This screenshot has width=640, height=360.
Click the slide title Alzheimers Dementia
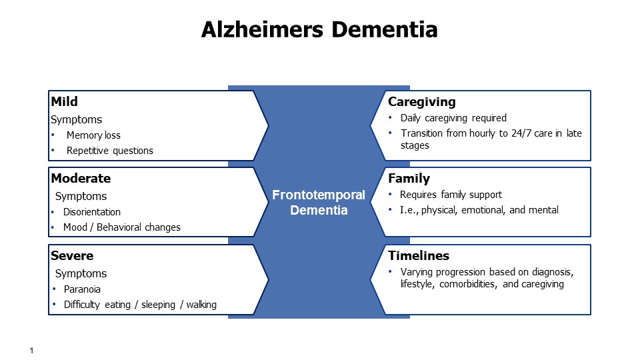pyautogui.click(x=319, y=29)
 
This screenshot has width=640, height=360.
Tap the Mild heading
pyautogui.click(x=64, y=101)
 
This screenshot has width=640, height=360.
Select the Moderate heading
pyautogui.click(x=81, y=179)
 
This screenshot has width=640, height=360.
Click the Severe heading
pyautogui.click(x=72, y=255)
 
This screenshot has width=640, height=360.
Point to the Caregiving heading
pyautogui.click(x=421, y=101)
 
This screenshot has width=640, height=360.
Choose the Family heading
pyautogui.click(x=409, y=179)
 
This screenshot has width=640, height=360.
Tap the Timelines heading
pyautogui.click(x=419, y=255)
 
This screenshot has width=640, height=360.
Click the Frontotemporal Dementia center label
pyautogui.click(x=319, y=203)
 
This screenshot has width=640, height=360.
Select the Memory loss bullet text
pyautogui.click(x=93, y=135)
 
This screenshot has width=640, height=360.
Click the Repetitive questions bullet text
pyautogui.click(x=110, y=151)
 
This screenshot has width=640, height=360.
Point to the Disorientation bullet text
pyautogui.click(x=92, y=212)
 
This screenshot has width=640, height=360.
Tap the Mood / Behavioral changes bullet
pyautogui.click(x=121, y=227)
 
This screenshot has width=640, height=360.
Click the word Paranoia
pyautogui.click(x=82, y=289)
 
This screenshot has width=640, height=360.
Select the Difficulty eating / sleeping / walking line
pyautogui.click(x=140, y=305)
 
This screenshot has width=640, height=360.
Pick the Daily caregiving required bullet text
pyautogui.click(x=453, y=118)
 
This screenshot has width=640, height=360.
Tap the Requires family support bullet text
pyautogui.click(x=451, y=195)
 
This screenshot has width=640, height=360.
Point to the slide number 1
pyautogui.click(x=31, y=350)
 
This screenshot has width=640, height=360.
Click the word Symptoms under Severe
pyautogui.click(x=81, y=273)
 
